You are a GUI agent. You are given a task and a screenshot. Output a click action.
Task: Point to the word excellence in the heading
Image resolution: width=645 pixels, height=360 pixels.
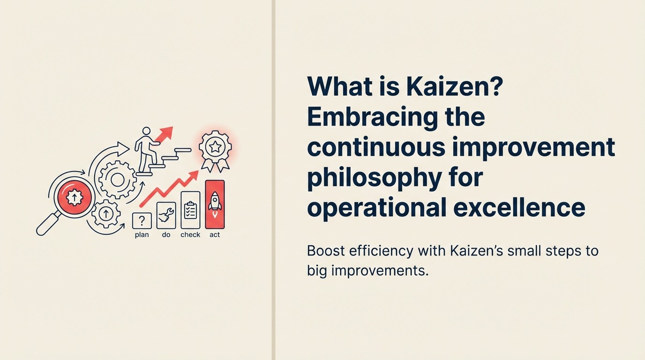point(519,207)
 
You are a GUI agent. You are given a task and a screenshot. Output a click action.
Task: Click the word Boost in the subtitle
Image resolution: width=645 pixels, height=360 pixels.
point(325,251)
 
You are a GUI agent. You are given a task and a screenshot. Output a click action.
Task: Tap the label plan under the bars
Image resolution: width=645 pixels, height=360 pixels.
point(142,235)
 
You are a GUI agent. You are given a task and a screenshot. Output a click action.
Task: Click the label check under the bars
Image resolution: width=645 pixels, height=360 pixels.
point(190,235)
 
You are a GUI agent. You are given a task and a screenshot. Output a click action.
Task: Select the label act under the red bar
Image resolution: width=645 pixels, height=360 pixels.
point(215,235)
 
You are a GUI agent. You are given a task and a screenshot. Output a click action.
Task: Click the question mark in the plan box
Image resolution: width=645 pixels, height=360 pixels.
point(142,220)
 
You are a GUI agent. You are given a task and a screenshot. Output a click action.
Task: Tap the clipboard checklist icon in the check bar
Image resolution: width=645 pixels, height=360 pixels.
point(190,210)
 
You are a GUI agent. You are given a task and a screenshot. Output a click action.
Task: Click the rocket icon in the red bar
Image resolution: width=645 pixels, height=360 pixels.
point(215,205)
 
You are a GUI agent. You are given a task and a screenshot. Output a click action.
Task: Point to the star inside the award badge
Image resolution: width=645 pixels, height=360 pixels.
point(215,147)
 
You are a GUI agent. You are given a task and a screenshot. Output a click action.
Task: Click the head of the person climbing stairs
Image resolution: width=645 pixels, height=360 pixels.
point(147,131)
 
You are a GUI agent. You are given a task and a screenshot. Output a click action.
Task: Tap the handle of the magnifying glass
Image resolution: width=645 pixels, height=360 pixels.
point(46,225)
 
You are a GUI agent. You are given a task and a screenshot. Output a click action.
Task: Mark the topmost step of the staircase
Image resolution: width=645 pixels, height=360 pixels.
point(183,150)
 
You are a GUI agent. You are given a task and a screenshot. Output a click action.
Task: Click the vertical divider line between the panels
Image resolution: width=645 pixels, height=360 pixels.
point(273,180)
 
